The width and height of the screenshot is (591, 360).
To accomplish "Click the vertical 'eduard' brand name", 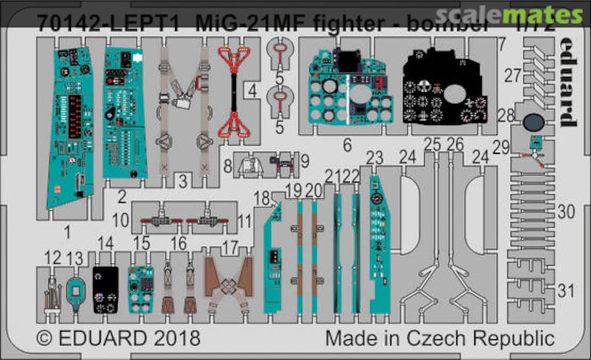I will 567,82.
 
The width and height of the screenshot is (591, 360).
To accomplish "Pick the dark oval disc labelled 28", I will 533,123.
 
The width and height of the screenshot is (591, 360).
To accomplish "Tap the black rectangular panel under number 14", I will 105,289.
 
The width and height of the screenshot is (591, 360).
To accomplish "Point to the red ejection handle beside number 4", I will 234,90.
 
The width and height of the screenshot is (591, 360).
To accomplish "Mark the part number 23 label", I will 374,158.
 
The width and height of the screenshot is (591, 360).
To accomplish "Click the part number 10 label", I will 121,221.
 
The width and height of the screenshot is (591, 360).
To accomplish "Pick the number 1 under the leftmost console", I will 67,233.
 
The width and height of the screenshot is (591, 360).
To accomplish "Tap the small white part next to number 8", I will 251,164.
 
